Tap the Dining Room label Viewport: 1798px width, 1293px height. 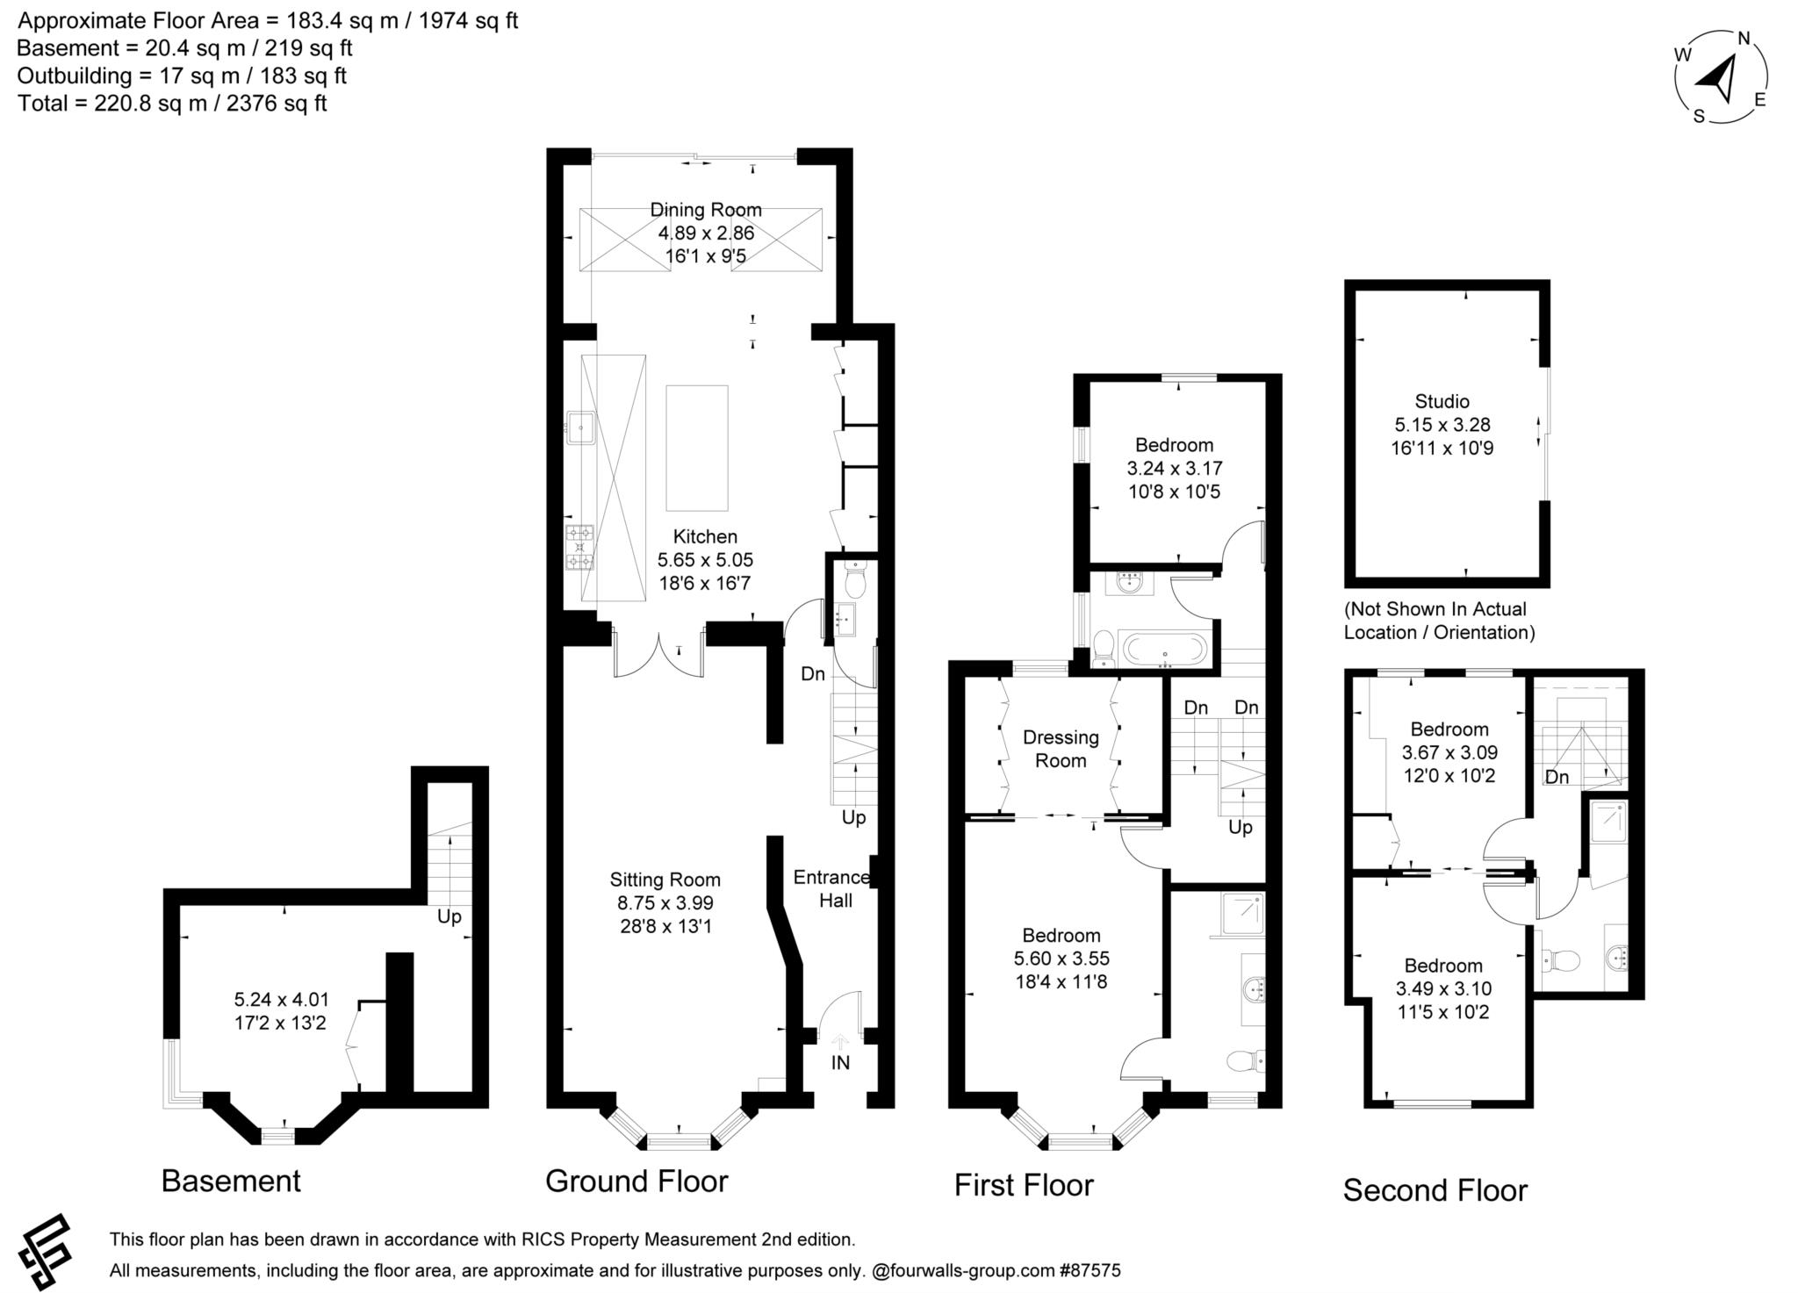point(706,210)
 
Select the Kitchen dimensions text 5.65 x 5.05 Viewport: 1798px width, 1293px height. point(705,560)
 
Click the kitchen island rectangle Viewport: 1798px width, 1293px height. point(697,448)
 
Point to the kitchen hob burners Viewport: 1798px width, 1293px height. point(579,547)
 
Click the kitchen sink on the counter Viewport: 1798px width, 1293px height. point(579,429)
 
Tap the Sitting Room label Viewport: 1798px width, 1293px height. point(665,880)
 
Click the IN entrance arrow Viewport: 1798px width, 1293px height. point(840,1043)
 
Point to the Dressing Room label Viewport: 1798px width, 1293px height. point(1061,749)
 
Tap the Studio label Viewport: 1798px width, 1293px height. point(1442,401)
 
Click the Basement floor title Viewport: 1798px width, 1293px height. point(231,1182)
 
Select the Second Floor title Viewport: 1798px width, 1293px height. point(1435,1190)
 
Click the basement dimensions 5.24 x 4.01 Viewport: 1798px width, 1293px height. point(281,1000)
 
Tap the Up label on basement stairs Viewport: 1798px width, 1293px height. point(449,917)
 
